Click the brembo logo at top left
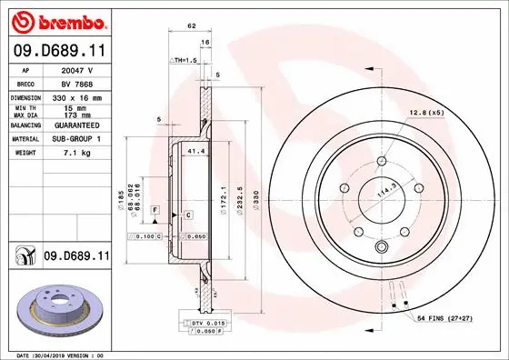point(57,19)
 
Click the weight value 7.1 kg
point(72,153)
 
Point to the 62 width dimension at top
point(192,27)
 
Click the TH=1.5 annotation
point(185,59)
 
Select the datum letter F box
point(155,210)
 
